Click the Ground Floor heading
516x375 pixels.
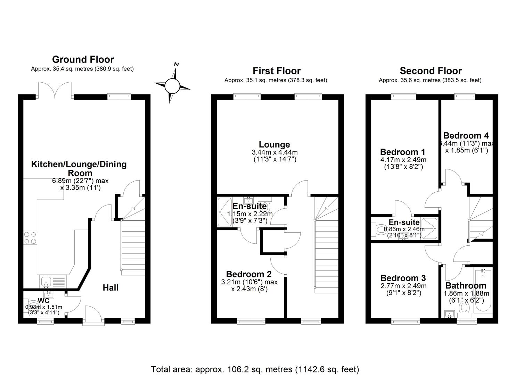click(83, 59)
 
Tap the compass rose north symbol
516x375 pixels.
click(172, 84)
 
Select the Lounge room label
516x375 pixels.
click(274, 144)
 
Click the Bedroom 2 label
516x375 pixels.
click(249, 274)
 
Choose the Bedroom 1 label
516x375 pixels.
click(402, 152)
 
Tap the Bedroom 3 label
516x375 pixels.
click(403, 278)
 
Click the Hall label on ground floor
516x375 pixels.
click(110, 287)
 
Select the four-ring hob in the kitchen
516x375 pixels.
click(30, 238)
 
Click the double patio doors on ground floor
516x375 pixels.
click(55, 91)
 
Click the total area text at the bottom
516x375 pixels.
click(255, 369)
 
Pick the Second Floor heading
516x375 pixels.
click(431, 71)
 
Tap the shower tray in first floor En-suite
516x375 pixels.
click(224, 212)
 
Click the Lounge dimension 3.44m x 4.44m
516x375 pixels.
click(274, 152)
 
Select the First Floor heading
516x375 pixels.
click(276, 71)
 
